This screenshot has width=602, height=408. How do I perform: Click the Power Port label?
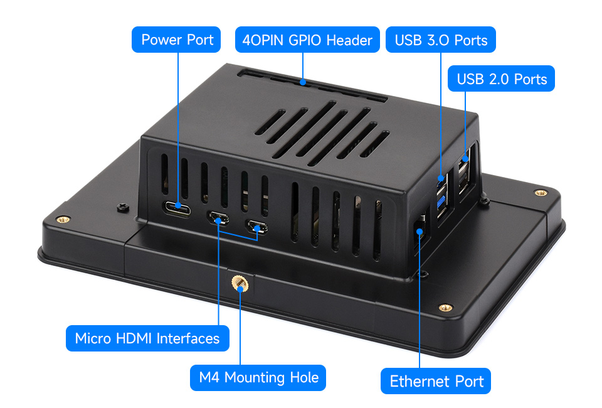point(177,40)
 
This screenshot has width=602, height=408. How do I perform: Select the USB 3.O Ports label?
point(441,41)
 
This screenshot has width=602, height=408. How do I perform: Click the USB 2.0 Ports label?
point(502,79)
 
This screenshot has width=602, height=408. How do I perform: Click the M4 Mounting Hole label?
point(258,378)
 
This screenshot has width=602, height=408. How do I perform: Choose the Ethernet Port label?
point(436,382)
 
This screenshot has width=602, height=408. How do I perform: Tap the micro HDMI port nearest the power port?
point(218,220)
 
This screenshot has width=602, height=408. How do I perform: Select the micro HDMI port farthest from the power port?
point(257,227)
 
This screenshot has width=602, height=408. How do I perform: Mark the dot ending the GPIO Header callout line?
point(303,82)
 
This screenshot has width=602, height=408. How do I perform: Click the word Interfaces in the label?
point(188,339)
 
